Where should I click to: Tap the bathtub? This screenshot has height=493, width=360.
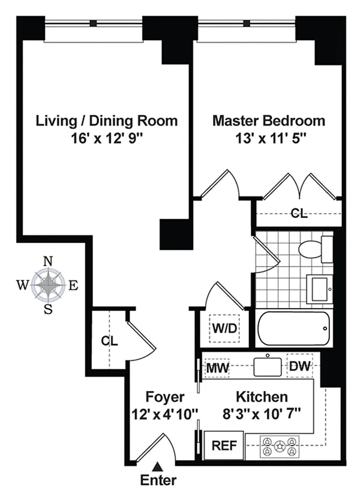pos(294,328)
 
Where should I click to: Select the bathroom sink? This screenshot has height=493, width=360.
pos(319,288)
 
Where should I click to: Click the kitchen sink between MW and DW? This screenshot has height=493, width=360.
pos(268,365)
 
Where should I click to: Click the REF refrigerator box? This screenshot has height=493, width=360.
pos(224,446)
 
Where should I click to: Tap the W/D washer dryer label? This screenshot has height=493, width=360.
pos(224,328)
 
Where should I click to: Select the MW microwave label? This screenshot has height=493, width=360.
pos(217,367)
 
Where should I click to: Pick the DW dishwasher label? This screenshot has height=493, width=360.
pos(299,366)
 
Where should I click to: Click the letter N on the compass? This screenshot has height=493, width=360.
pos(48,261)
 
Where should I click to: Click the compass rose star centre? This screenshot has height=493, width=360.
pos(48,285)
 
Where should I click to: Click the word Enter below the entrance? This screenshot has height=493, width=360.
pos(158,480)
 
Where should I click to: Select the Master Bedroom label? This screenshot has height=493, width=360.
pos(269,121)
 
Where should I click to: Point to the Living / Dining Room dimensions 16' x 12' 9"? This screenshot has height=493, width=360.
pos(107,138)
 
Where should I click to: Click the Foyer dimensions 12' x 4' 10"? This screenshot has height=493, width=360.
pos(165,414)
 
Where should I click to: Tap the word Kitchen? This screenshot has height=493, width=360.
pos(262,397)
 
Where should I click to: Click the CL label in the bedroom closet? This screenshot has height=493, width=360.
pos(299,214)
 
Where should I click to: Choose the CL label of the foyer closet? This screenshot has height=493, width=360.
pos(109,341)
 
